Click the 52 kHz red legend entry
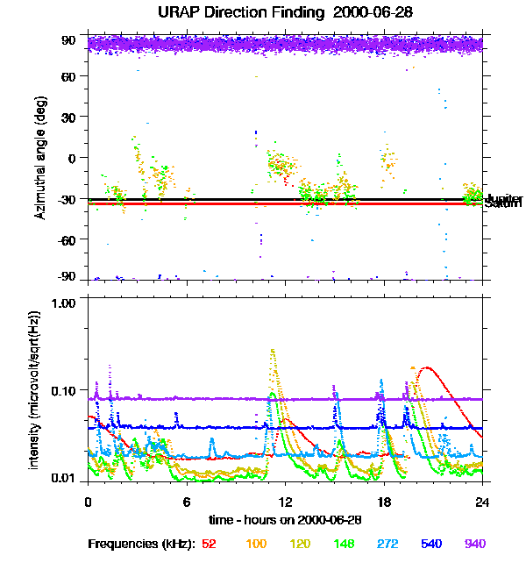[209, 544]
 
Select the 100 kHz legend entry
[256, 544]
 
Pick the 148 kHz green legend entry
[343, 544]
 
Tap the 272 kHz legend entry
[387, 544]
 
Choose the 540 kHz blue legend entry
[430, 544]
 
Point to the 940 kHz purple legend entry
[474, 544]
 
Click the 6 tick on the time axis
[187, 502]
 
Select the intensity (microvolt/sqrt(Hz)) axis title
[35, 390]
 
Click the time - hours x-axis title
[284, 519]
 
